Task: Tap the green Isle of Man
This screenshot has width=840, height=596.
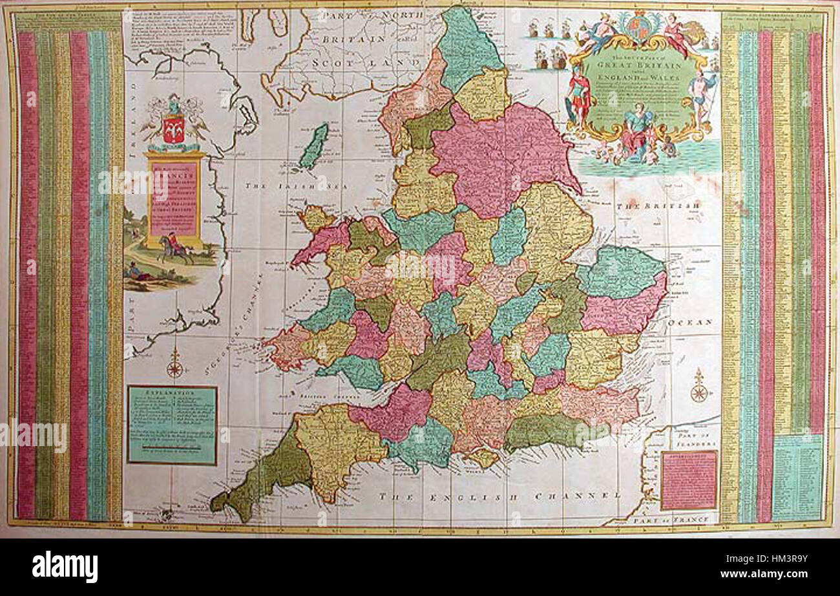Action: pos(313,148)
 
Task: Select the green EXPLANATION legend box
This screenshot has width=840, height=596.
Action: pos(172,425)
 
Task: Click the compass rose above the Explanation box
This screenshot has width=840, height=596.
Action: pos(174,367)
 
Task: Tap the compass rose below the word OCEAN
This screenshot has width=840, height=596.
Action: pos(698,388)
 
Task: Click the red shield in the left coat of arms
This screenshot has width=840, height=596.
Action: pos(173,129)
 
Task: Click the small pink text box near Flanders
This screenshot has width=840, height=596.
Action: pos(689,480)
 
